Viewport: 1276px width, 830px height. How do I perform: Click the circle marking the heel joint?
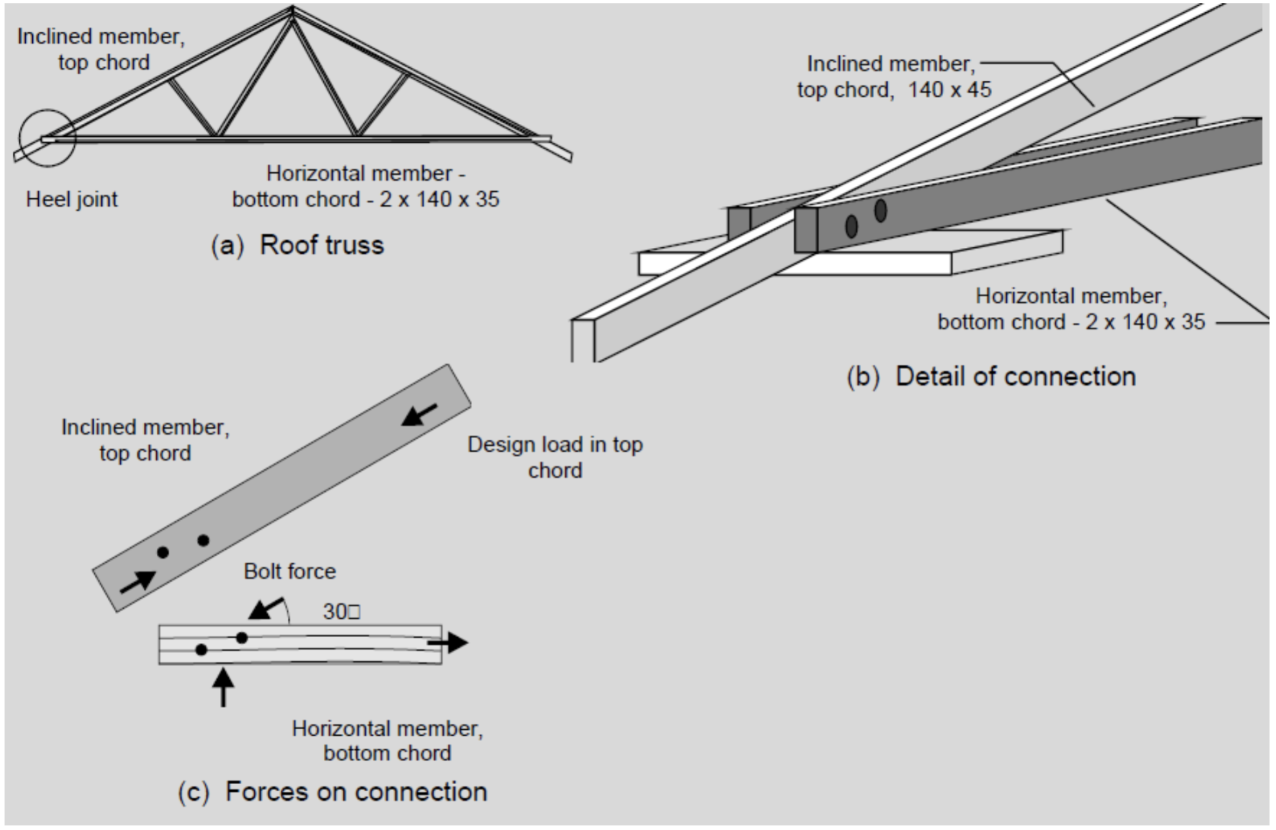[x=47, y=137]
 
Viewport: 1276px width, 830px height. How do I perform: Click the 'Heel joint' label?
[x=72, y=199]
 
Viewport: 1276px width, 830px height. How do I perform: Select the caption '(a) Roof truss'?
[x=297, y=245]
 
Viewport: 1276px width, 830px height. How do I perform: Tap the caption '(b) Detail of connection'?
[x=991, y=376]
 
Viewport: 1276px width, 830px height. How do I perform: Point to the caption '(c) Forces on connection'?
[x=332, y=792]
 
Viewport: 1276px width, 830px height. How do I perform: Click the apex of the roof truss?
[x=292, y=9]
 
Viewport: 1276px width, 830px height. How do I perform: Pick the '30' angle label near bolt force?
[x=340, y=611]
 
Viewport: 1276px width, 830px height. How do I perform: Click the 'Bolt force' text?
[x=290, y=571]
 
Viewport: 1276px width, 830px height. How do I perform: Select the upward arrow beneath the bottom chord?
[x=223, y=687]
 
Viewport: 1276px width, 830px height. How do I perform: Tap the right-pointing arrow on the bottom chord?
[x=448, y=642]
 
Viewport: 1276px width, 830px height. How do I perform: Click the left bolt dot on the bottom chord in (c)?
[x=201, y=649]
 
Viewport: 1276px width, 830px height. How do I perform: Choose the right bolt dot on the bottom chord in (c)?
[x=242, y=638]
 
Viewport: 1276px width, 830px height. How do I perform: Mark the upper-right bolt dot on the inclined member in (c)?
[x=203, y=540]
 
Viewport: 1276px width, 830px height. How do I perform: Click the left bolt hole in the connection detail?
[x=852, y=226]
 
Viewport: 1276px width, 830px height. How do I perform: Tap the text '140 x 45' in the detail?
[x=949, y=90]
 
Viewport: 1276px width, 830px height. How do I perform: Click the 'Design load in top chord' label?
[x=555, y=457]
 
